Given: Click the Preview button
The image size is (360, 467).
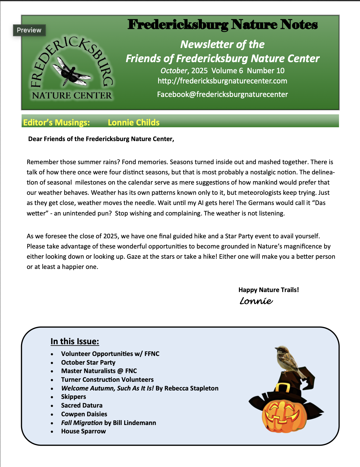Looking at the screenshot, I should (x=29, y=30).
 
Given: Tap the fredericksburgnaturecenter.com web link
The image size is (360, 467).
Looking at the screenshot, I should (x=222, y=81).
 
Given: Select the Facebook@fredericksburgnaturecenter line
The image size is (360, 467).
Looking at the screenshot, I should (x=222, y=95).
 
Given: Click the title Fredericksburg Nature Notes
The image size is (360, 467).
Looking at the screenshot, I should (x=222, y=25).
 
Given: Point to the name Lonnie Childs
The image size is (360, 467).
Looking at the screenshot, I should (x=133, y=122).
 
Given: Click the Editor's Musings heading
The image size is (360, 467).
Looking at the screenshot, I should (x=56, y=122).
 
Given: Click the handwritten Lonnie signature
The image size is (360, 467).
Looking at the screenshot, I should (x=256, y=301).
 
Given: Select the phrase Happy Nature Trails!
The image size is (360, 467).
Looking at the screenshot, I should (x=268, y=290).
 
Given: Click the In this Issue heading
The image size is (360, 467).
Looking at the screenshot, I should (x=75, y=342).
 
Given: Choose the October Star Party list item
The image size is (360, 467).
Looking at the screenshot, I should (x=88, y=363).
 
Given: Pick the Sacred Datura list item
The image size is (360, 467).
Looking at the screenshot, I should (x=82, y=405).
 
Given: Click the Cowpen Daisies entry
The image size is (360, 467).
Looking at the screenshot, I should (x=84, y=414).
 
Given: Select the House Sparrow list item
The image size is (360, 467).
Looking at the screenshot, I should (x=83, y=431).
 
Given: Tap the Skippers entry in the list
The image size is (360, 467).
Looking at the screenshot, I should (x=73, y=397).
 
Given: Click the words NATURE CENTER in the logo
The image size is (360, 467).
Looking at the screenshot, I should (x=72, y=96).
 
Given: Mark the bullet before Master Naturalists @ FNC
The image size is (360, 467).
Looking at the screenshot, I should (x=52, y=372).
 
